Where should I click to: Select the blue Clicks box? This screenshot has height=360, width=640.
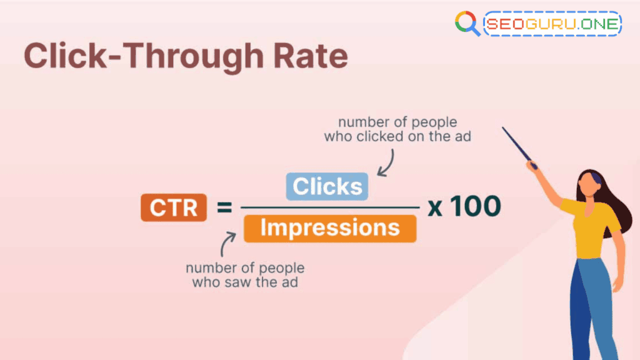(327, 186)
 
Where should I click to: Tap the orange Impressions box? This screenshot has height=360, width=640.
(329, 228)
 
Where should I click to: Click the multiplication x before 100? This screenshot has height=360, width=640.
(435, 207)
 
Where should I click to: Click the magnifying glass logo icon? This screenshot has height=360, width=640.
(467, 24)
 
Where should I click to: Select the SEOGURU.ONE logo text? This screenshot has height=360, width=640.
(552, 24)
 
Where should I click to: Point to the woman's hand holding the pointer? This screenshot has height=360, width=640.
(532, 166)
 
